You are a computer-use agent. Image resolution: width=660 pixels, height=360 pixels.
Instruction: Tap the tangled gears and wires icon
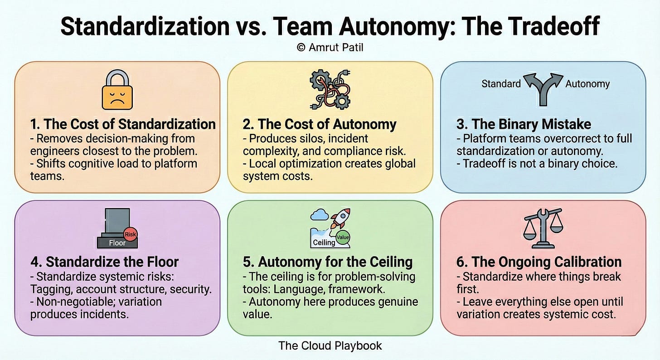pyautogui.click(x=330, y=89)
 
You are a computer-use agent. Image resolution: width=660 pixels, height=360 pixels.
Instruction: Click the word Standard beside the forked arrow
pyautogui.click(x=501, y=84)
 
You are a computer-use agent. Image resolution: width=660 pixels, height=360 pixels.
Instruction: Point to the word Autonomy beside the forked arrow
pyautogui.click(x=587, y=84)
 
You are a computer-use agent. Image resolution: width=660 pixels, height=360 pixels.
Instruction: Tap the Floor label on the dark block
pyautogui.click(x=117, y=243)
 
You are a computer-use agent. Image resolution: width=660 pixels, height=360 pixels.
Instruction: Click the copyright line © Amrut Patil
pyautogui.click(x=330, y=47)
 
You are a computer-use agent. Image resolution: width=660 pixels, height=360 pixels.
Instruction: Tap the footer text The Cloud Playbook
pyautogui.click(x=330, y=346)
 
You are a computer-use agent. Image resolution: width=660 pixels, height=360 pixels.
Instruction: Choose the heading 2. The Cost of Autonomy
pyautogui.click(x=320, y=124)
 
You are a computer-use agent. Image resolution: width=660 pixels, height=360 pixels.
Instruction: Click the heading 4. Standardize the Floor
pyautogui.click(x=105, y=262)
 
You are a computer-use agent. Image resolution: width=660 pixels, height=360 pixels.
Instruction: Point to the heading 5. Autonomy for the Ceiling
pyautogui.click(x=328, y=262)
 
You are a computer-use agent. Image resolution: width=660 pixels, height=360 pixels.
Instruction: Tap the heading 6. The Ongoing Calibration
pyautogui.click(x=539, y=262)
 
